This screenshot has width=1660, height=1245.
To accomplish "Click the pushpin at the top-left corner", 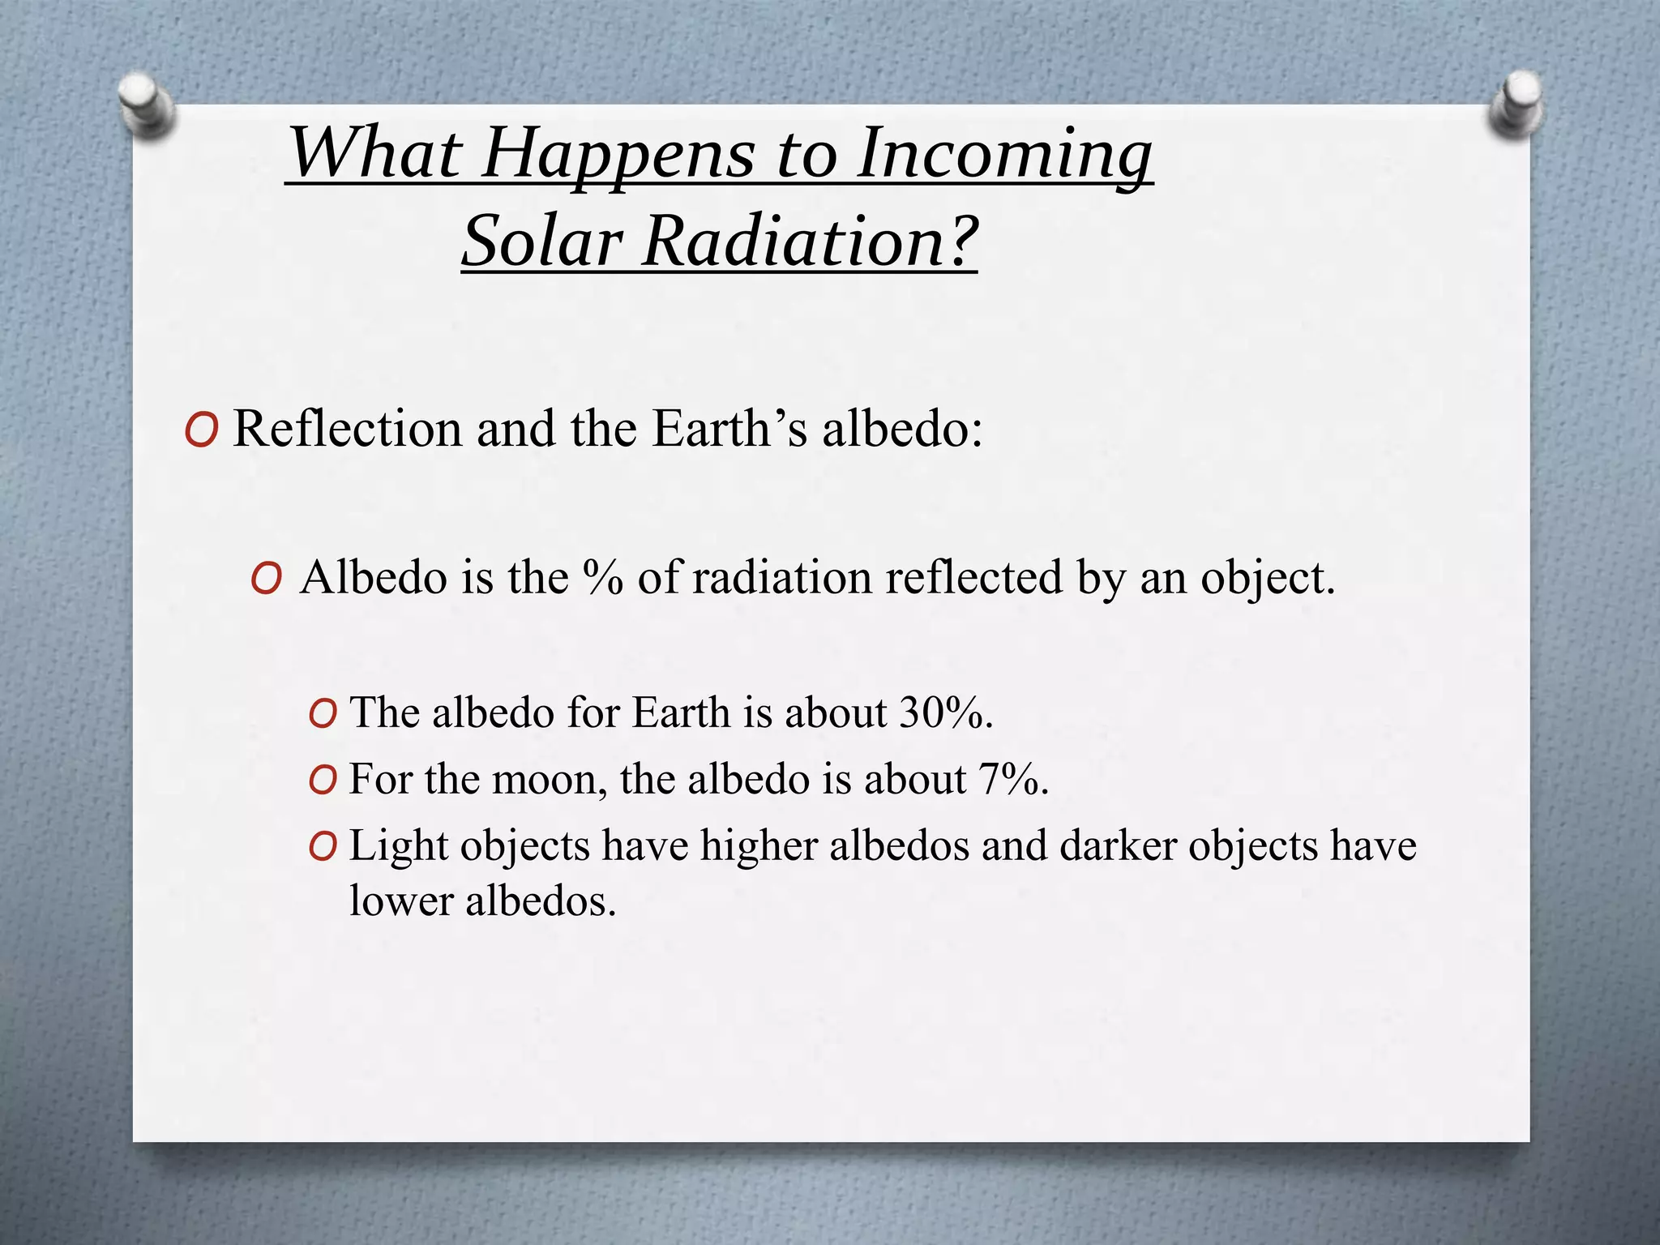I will [x=146, y=105].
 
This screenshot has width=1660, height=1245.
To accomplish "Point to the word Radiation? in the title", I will [x=811, y=242].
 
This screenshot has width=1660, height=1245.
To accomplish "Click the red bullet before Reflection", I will [x=200, y=430].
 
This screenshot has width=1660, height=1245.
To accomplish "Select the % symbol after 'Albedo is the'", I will [x=602, y=578].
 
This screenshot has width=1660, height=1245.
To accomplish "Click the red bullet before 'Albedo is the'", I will [x=266, y=580].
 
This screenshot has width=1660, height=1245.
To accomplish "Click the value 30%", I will [x=944, y=713].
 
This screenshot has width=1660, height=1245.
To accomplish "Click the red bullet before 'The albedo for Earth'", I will [x=323, y=715].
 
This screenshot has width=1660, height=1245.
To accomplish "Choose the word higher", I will [x=759, y=846].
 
